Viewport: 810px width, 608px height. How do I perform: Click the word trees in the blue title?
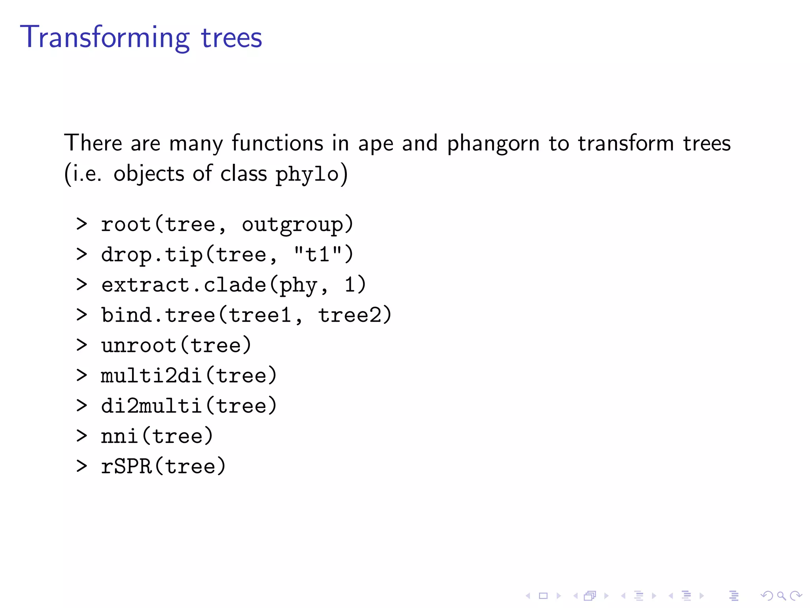tap(231, 38)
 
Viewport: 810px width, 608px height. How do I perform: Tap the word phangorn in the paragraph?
tap(493, 143)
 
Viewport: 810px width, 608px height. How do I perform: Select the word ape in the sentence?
tap(375, 144)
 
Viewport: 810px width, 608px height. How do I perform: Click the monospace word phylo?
tap(307, 174)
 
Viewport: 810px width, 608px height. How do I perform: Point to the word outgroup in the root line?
tap(292, 225)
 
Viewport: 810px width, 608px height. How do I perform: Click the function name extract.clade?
tap(184, 285)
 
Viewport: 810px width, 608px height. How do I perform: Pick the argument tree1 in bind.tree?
tap(260, 315)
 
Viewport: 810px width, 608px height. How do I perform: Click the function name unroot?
tap(138, 346)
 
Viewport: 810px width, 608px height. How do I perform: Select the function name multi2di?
tap(151, 376)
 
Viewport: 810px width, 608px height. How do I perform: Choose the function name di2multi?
tap(151, 406)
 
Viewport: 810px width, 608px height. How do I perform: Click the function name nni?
tap(119, 436)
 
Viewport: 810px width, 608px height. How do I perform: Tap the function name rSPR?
tap(126, 466)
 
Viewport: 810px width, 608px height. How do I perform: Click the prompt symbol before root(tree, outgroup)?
tap(81, 224)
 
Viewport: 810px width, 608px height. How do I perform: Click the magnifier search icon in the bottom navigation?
tap(781, 595)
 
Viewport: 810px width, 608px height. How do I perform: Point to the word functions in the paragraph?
tap(277, 143)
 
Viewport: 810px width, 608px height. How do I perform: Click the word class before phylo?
tap(243, 174)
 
